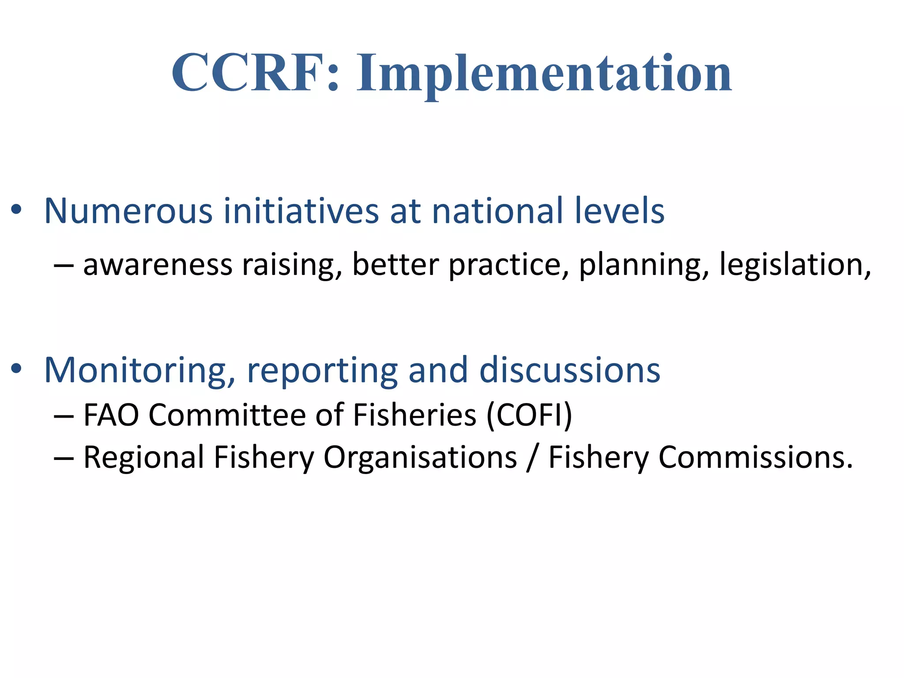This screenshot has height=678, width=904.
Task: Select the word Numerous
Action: click(x=128, y=211)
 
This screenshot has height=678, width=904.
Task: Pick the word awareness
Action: click(x=158, y=265)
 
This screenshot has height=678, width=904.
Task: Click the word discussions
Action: click(x=569, y=370)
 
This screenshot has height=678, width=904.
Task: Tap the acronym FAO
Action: click(x=111, y=415)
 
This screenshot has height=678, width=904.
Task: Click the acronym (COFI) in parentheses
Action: click(x=529, y=415)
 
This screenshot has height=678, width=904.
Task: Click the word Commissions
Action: click(x=755, y=457)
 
